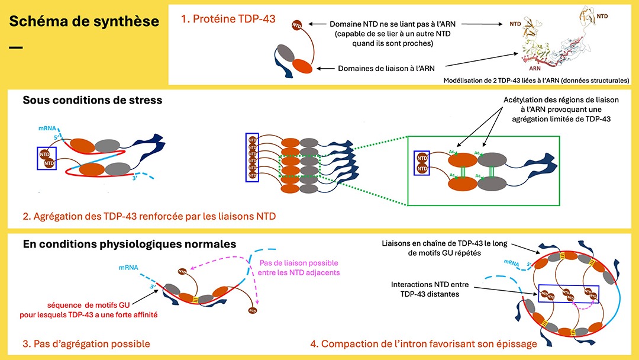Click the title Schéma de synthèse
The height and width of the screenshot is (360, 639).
[84, 22]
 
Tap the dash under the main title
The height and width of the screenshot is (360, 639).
[16, 46]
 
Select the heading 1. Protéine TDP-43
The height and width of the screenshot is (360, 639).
[228, 19]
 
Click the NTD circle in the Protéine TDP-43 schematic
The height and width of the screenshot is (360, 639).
[297, 25]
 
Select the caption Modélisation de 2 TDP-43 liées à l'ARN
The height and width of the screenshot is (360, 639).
[536, 80]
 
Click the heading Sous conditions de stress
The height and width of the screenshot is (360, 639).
[92, 100]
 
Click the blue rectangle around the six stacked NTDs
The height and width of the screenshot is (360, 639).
[253, 157]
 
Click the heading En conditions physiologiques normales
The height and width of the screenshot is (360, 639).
[129, 244]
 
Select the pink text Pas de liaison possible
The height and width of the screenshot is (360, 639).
[298, 268]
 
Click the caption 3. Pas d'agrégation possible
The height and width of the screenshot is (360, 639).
[86, 343]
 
